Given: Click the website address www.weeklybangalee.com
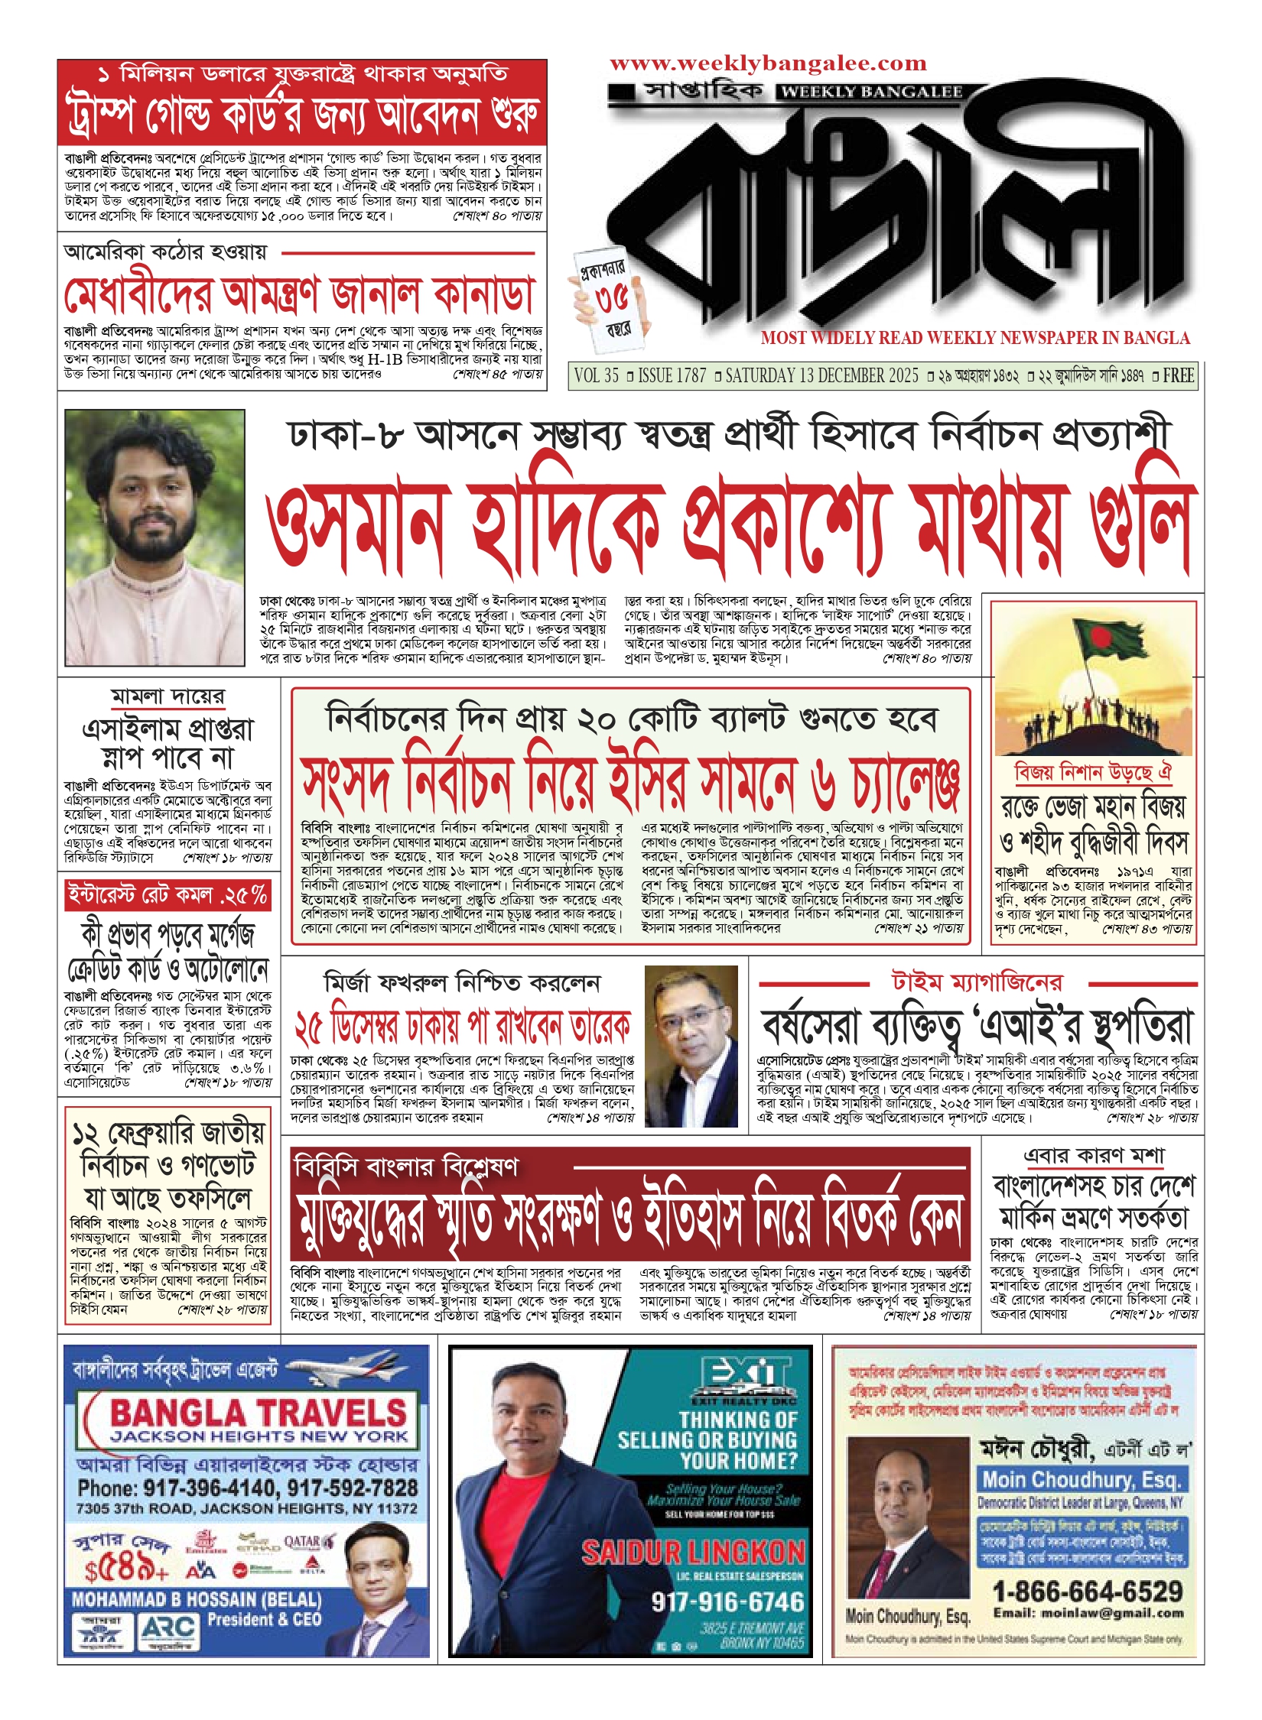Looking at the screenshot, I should click(768, 63).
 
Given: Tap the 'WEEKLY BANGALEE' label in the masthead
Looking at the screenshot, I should click(870, 92).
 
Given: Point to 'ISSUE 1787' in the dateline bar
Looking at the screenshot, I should click(672, 375).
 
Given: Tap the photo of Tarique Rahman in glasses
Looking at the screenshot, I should click(691, 1046).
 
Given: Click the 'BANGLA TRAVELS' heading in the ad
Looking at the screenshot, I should click(259, 1413).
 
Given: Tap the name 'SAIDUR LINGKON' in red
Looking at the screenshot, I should click(693, 1553).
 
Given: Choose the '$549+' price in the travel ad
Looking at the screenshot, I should click(126, 1570).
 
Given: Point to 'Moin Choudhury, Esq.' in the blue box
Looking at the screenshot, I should click(1082, 1480).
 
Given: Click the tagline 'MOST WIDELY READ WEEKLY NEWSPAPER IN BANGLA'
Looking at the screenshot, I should click(975, 338).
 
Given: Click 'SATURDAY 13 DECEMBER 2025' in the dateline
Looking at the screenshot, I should click(821, 375).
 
